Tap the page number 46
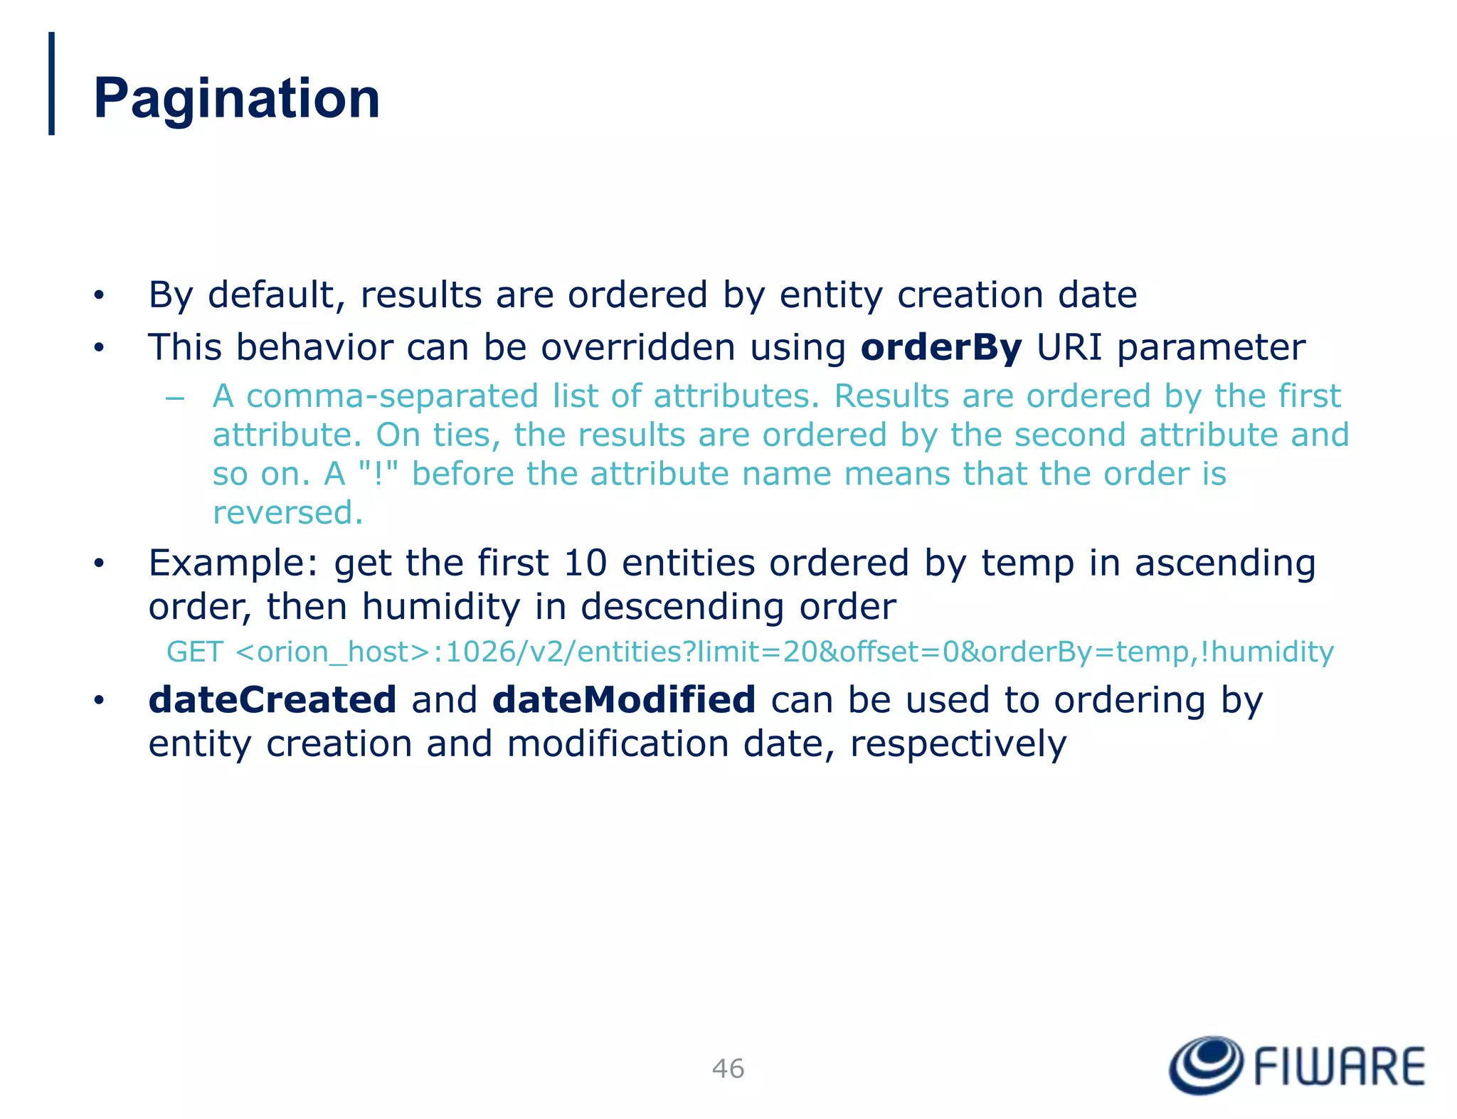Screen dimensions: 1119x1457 [x=728, y=1068]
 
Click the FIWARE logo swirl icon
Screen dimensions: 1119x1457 [x=1206, y=1065]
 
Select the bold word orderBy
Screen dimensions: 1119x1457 [x=941, y=348]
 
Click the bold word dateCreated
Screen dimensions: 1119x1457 [x=272, y=700]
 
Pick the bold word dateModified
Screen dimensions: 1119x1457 [x=623, y=700]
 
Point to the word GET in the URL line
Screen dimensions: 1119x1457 [x=194, y=652]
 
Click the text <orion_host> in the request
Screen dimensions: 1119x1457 [x=332, y=652]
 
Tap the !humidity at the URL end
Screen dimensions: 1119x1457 [x=1266, y=652]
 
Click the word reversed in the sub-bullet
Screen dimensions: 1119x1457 [x=287, y=513]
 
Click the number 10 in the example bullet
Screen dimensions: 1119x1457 [x=585, y=563]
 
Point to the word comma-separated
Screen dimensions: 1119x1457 [x=392, y=396]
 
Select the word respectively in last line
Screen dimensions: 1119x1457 [x=958, y=745]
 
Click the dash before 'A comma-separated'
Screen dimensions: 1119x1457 [x=174, y=398]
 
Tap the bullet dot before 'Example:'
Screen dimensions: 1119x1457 [x=99, y=564]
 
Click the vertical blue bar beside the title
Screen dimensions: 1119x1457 [x=51, y=83]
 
